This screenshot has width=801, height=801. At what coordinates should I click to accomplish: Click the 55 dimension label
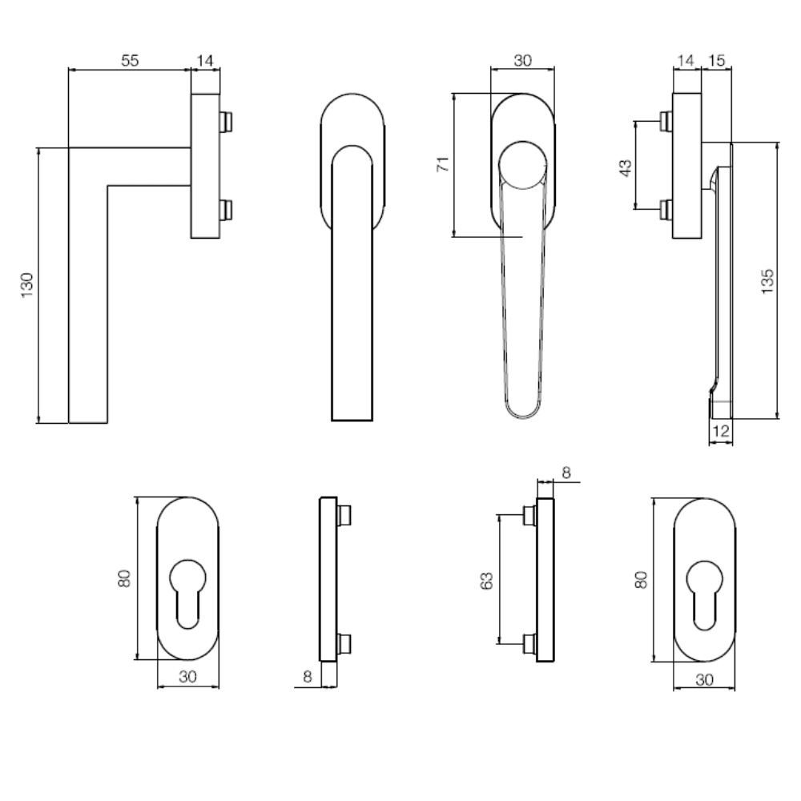click(x=130, y=60)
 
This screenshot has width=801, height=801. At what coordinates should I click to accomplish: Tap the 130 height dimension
click(x=26, y=285)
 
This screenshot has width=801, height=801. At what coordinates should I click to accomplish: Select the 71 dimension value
click(x=443, y=164)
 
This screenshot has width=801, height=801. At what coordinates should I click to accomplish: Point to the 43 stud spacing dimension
click(x=626, y=167)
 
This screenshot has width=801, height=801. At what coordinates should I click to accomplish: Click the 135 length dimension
click(x=767, y=281)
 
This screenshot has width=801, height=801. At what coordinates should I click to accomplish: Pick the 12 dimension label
click(x=720, y=431)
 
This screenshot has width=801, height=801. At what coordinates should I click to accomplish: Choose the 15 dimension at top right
click(x=717, y=60)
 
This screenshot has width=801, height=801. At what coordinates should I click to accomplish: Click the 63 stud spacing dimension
click(x=487, y=581)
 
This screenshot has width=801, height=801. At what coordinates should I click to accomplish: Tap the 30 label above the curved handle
click(x=522, y=60)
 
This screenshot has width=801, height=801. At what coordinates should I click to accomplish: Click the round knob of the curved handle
click(x=522, y=164)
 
